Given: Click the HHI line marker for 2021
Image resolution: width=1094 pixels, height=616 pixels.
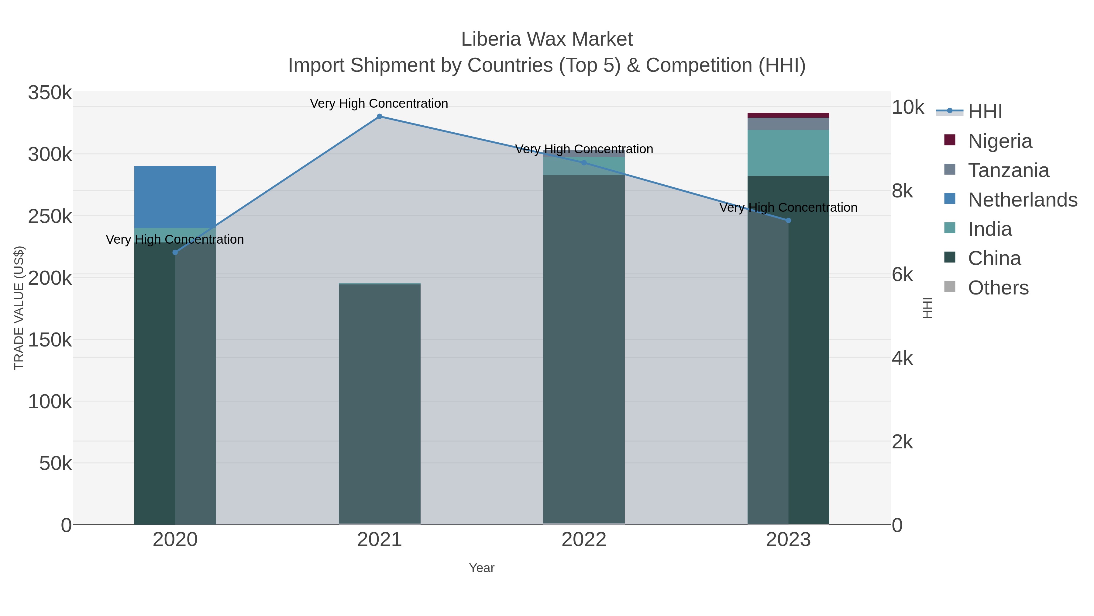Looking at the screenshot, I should click(x=379, y=117).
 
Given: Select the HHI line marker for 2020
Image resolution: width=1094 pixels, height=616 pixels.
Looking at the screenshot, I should click(x=175, y=252).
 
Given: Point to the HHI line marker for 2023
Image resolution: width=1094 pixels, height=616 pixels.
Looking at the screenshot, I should click(x=788, y=221).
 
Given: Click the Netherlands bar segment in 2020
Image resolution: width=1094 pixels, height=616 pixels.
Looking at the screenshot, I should click(x=175, y=197).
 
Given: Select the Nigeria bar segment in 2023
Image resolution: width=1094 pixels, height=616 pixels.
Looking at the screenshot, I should click(x=788, y=115).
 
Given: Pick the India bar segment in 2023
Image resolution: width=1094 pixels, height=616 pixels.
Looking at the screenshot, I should click(x=788, y=153).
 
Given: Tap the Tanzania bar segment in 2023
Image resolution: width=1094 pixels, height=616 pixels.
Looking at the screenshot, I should click(x=788, y=124).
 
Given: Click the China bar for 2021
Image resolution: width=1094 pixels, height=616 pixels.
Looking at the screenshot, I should click(x=379, y=404).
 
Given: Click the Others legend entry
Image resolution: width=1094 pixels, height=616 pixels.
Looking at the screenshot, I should click(x=998, y=288).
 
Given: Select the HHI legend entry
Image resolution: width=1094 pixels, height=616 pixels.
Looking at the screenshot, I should click(x=985, y=112).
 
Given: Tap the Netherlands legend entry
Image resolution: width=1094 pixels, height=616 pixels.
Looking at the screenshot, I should click(x=1022, y=200).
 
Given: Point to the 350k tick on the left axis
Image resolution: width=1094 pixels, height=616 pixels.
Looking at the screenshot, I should click(x=50, y=93).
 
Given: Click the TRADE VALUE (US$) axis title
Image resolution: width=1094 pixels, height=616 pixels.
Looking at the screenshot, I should click(x=19, y=308).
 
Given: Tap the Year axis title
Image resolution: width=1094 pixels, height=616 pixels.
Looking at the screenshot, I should click(x=482, y=568).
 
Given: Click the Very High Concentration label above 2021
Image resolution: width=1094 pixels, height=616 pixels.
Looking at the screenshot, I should click(x=379, y=104).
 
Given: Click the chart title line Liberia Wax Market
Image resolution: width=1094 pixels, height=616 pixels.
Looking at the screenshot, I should click(x=547, y=40).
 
